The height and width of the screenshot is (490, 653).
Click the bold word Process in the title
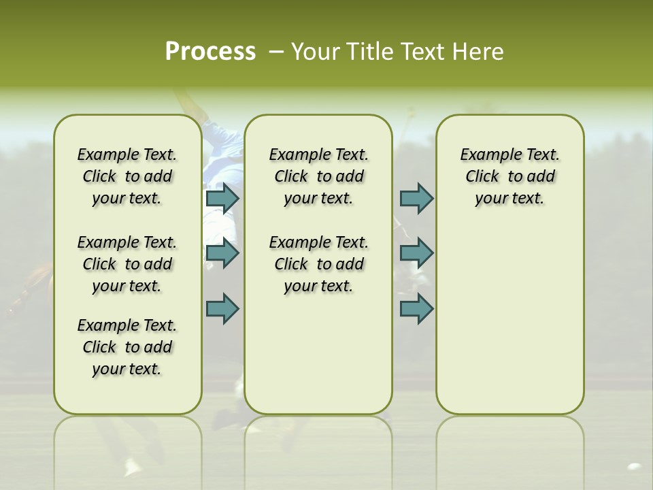coord(210,52)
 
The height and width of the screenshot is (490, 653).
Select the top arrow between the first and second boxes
coord(222,198)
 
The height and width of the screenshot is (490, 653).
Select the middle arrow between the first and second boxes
coord(222,253)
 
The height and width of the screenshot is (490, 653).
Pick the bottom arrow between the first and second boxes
coord(222,308)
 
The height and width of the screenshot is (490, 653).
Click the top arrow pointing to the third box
coord(416,198)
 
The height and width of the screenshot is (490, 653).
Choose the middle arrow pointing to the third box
coord(416,253)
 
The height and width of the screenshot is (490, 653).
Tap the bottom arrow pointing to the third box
coord(416,308)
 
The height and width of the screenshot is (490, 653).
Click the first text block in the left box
coord(127,176)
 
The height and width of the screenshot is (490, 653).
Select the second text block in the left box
coord(127,264)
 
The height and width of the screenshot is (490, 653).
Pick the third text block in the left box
coord(127,347)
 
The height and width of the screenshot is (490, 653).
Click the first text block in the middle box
coord(318,176)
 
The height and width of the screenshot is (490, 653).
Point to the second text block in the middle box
coord(318,264)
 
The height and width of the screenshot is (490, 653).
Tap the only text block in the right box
coord(509,176)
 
